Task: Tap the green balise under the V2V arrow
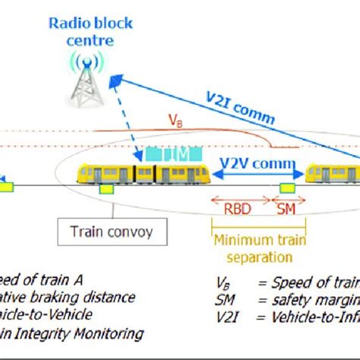click(x=287, y=188)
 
